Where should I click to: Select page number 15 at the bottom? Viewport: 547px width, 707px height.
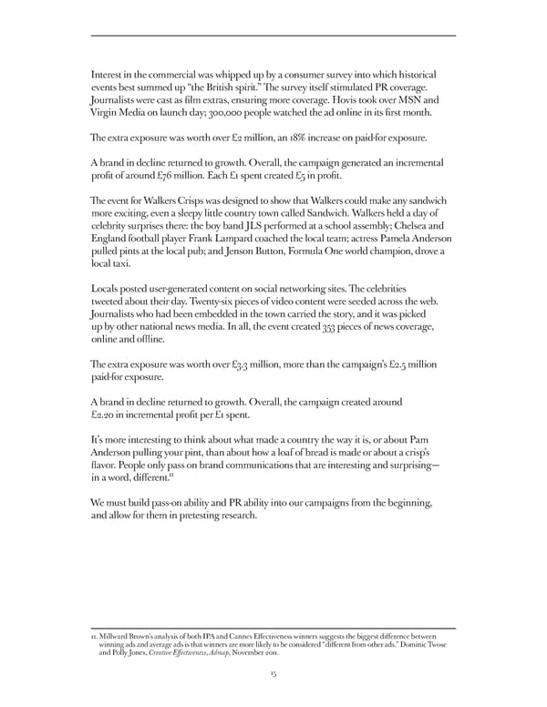click(273, 673)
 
